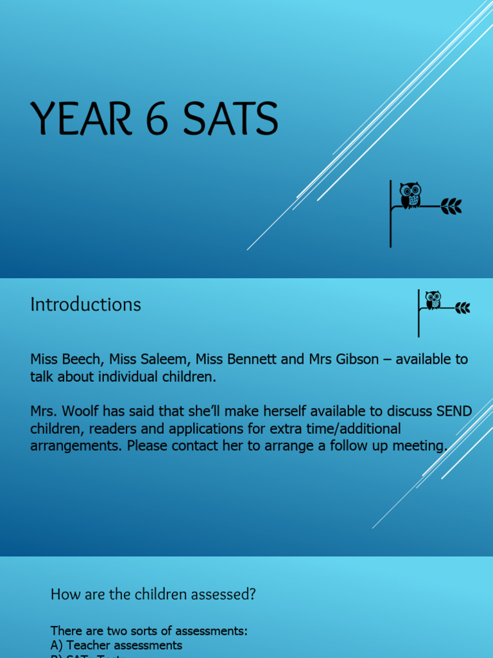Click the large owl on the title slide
point(410,195)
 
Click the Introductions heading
point(85,304)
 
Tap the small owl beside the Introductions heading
point(433,300)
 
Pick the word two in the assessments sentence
point(111,631)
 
